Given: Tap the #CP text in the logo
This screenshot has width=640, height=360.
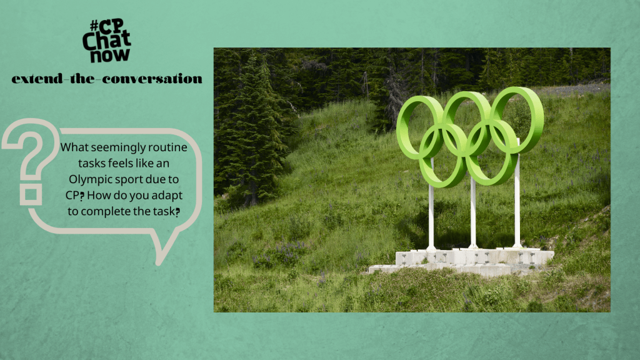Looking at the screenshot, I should click(x=101, y=27).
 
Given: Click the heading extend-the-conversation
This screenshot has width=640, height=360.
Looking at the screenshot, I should click(x=106, y=79).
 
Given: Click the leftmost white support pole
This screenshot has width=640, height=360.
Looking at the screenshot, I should click(x=431, y=212).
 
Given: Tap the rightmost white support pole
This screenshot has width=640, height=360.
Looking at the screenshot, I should click(x=517, y=206).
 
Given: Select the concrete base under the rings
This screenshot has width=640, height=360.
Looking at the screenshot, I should click(x=462, y=259).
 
